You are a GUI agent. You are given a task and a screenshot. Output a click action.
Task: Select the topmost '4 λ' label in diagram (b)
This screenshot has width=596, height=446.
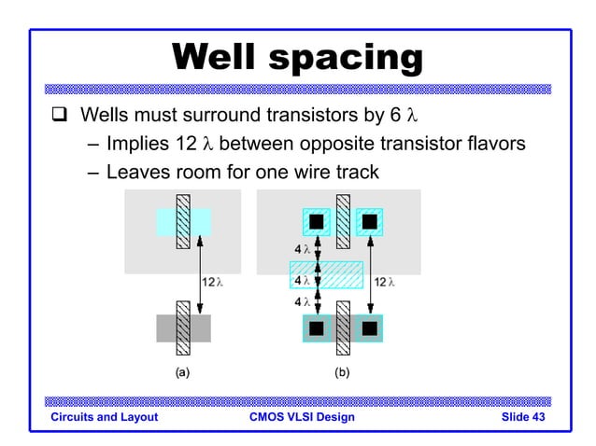302,250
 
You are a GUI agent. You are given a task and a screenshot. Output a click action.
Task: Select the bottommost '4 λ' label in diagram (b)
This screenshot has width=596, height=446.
302,302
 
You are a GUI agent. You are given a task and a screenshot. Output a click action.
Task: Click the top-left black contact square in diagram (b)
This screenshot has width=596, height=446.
316,222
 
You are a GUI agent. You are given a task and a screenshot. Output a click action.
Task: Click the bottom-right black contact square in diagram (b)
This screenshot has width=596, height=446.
369,328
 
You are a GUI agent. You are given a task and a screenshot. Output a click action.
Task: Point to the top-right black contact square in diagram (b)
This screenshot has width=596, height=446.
369,222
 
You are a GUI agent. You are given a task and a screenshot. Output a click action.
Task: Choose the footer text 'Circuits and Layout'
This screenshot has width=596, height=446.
104,417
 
